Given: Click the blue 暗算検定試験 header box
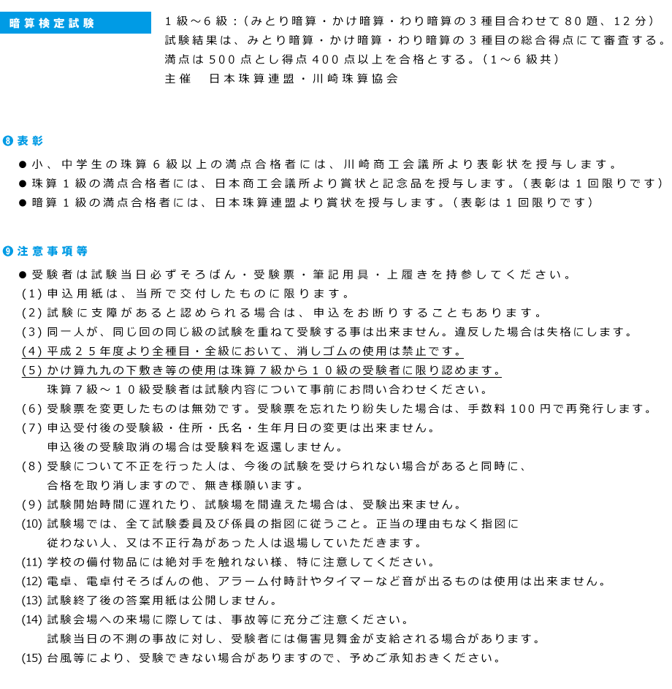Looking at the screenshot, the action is click(75, 23).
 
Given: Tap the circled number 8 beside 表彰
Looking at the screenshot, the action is click(8, 141).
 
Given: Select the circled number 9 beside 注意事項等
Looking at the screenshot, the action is click(8, 251).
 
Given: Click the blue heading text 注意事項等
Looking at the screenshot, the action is click(53, 251).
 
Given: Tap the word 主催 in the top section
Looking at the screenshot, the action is click(178, 79).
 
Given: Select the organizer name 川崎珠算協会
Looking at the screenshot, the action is click(355, 79).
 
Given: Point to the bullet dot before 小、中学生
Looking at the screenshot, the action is click(23, 165).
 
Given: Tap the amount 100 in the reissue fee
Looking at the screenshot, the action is click(523, 409).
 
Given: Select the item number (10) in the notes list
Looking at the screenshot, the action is click(31, 524).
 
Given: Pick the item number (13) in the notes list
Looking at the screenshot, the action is click(31, 601).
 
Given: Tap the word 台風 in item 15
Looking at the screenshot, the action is click(60, 658).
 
